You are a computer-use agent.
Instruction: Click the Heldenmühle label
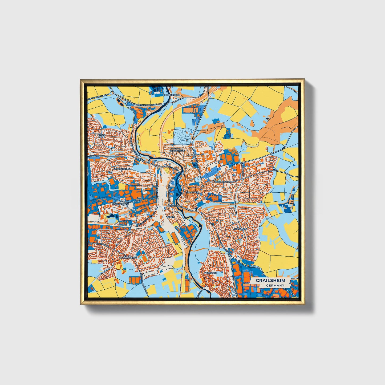[172, 95]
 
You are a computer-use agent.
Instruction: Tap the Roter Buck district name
[102, 136]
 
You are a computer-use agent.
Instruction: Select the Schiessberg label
[177, 151]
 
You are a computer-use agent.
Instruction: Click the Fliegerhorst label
[120, 204]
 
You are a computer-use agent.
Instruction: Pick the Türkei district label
[171, 217]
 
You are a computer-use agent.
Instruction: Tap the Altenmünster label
[128, 258]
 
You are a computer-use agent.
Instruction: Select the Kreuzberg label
[241, 229]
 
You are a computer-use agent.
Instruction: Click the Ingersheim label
[210, 273]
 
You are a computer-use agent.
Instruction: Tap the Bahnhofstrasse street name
[171, 168]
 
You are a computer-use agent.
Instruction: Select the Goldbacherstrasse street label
[225, 182]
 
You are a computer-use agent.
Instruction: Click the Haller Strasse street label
[97, 156]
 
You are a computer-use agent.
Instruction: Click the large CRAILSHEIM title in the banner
[270, 281]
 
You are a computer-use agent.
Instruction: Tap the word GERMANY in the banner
[275, 285]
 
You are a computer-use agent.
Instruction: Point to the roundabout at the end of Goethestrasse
[196, 210]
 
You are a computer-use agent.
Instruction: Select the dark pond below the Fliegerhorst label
[111, 216]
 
